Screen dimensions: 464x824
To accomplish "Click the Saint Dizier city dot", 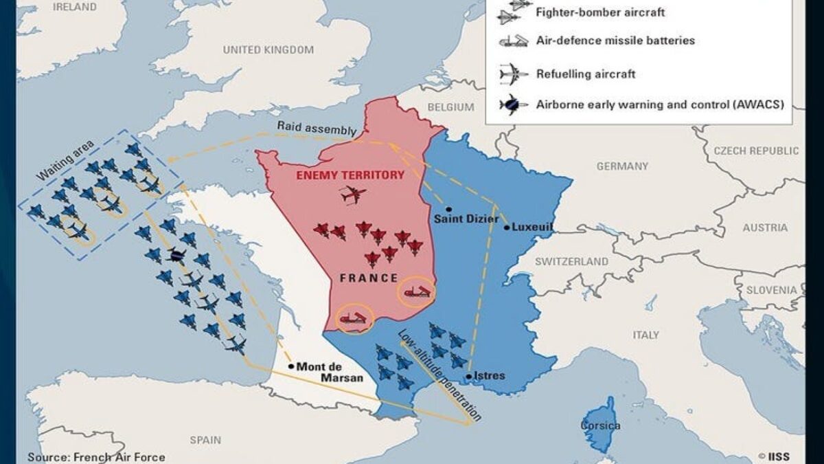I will click(x=448, y=209).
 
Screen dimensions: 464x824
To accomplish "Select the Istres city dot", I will click(x=469, y=376).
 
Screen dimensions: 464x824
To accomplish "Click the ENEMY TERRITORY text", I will click(x=350, y=175).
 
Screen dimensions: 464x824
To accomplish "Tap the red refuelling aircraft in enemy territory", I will click(x=353, y=195).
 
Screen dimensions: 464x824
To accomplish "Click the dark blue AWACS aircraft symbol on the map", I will click(x=176, y=255).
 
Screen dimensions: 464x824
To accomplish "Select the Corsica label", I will click(x=601, y=426).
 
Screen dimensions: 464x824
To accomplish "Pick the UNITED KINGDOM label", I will click(x=268, y=50).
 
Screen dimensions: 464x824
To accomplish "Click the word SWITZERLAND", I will click(x=571, y=262).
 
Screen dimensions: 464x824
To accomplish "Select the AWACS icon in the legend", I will click(x=512, y=105).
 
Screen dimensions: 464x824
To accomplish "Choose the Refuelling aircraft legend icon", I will click(x=512, y=74).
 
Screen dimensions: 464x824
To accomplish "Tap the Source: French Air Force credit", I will click(x=96, y=456).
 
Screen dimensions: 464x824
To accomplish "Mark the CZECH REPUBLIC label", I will click(x=756, y=151).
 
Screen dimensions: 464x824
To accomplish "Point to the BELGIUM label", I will click(x=450, y=107).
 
